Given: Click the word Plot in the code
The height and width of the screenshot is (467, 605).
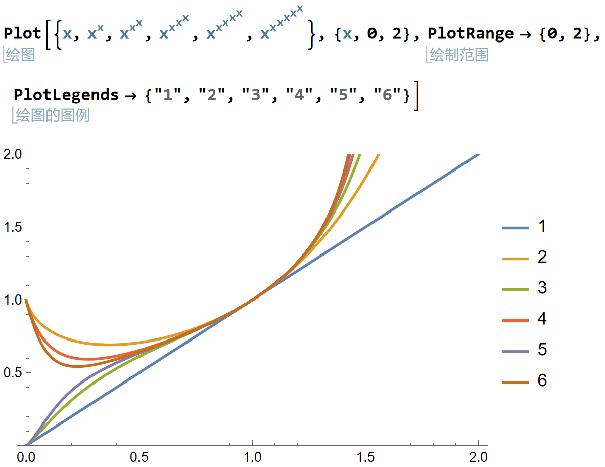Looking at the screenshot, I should coord(23,34).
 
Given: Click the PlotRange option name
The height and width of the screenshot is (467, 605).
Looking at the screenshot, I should coord(470,34).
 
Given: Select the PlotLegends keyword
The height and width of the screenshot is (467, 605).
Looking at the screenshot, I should coord(66,95).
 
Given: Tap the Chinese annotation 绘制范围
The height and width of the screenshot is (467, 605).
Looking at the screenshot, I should coord(459,55).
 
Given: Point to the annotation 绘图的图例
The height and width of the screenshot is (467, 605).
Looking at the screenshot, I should coord(53,115).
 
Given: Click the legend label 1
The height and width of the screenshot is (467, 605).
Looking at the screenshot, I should coord(542,227).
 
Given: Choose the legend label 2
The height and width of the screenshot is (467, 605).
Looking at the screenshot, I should coord(542,258).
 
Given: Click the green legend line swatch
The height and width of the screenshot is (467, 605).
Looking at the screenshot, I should coord(515,289).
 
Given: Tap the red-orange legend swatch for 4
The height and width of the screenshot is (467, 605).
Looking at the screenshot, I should coord(515,320).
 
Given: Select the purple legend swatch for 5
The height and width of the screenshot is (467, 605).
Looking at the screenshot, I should coord(515,350).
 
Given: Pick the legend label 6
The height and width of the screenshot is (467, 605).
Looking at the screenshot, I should coord(542,380).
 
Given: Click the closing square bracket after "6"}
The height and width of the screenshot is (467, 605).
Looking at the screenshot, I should coord(415,95).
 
